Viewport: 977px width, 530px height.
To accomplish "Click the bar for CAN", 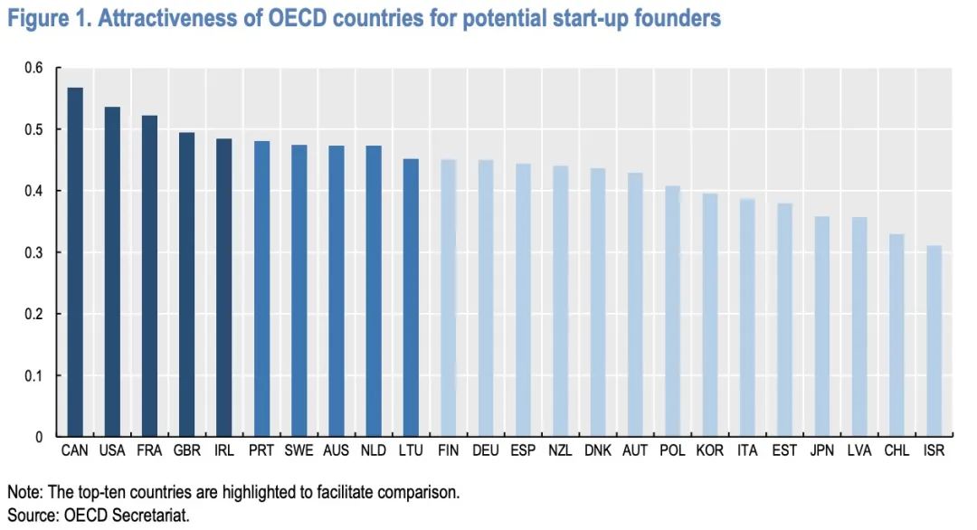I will coord(75,262).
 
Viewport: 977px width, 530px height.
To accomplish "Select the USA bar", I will coord(112,271).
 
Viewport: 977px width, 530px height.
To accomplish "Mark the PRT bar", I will coord(261,289).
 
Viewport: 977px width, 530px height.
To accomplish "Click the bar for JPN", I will coord(821,327).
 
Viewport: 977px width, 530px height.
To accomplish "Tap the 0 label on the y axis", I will coord(41,437).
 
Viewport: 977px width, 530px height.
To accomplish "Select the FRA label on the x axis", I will coord(149,450).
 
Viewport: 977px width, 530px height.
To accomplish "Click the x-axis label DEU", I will coord(485,450).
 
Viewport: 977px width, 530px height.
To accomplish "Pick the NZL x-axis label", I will coord(560,450).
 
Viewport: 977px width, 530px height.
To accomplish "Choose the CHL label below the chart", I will coord(896,450).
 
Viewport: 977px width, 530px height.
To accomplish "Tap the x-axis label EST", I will coord(784,450).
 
